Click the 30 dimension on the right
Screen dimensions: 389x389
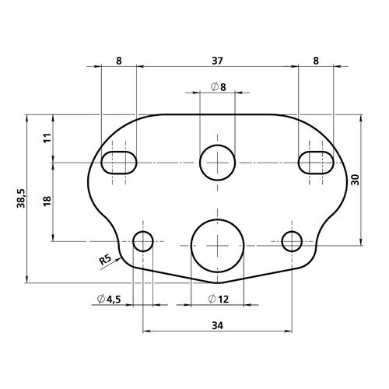click(355, 179)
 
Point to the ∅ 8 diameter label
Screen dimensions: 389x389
click(219, 86)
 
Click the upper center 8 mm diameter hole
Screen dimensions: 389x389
click(217, 162)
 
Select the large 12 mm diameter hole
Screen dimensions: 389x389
click(217, 242)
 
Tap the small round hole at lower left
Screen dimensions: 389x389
click(143, 242)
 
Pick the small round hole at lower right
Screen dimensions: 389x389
click(292, 242)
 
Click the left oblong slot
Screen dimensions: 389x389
click(119, 162)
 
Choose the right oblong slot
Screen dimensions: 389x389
click(316, 162)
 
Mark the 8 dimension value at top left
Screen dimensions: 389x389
click(118, 58)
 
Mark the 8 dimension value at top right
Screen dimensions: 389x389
click(315, 58)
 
